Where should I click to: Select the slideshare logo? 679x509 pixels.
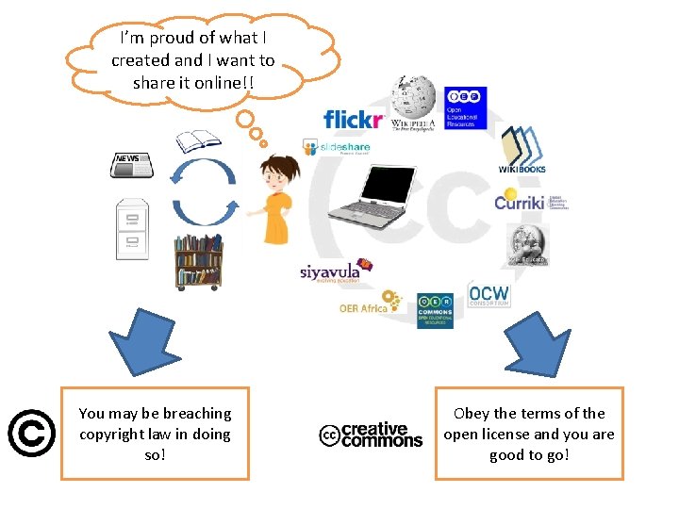coord(337,147)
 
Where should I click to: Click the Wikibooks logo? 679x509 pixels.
coord(522,149)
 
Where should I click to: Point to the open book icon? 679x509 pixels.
coord(198,141)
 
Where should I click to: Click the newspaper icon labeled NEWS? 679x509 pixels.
coord(132,165)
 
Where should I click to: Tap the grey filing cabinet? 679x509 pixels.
coord(132,227)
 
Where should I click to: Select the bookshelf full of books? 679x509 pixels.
coord(199,261)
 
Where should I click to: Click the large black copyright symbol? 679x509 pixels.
coord(30,434)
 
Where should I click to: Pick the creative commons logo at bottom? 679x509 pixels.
coord(371,435)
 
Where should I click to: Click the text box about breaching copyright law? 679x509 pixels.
coord(155,434)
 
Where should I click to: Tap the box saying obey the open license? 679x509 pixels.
coord(529,434)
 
